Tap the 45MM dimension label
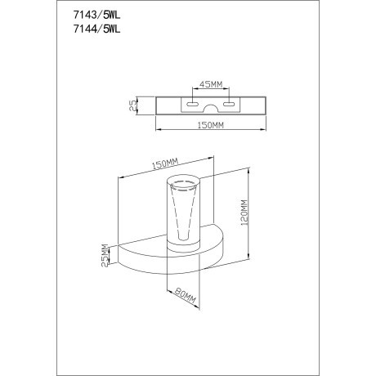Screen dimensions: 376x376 212,83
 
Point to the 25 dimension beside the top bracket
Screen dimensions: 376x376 132,104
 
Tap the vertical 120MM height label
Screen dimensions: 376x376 244,215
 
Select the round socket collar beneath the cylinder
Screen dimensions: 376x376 186,246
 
